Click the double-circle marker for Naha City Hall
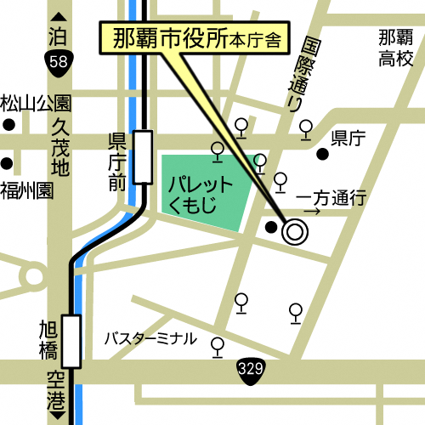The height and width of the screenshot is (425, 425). click(295, 230)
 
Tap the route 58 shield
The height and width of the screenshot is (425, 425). click(59, 60)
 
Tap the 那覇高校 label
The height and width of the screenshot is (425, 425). click(395, 48)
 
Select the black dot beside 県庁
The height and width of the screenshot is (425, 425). click(322, 154)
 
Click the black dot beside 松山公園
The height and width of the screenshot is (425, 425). click(8, 125)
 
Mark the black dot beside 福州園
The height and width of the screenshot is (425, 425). click(8, 163)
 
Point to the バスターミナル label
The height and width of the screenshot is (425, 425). click(150, 339)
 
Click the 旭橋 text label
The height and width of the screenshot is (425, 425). click(48, 338)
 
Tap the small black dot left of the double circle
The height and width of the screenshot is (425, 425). click(271, 227)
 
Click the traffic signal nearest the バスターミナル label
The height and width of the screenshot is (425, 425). click(218, 345)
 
